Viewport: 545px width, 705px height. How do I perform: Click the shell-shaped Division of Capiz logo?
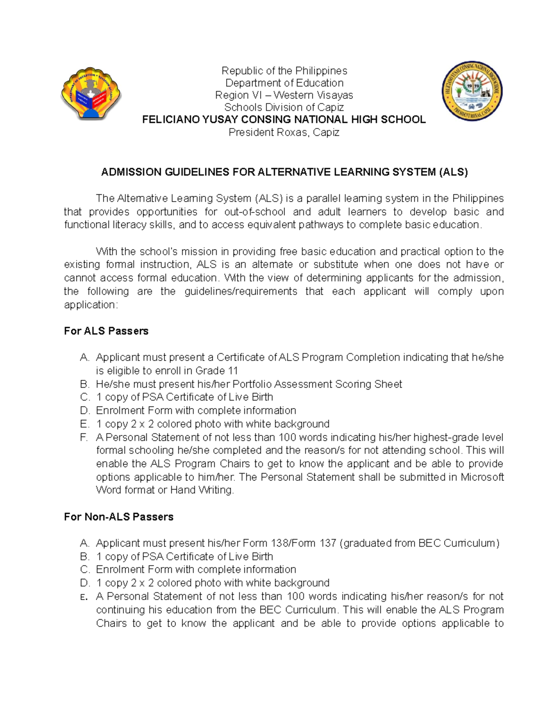pyautogui.click(x=91, y=94)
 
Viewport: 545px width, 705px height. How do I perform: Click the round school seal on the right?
pyautogui.click(x=472, y=91)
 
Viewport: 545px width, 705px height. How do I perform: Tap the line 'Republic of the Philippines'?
pyautogui.click(x=284, y=71)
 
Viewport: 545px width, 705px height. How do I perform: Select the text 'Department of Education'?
pyautogui.click(x=284, y=83)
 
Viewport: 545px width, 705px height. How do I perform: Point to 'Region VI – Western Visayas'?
pyautogui.click(x=284, y=95)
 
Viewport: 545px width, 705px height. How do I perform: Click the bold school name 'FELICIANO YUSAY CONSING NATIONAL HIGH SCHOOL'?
pyautogui.click(x=284, y=120)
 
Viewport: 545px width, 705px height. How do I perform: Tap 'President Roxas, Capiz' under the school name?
pyautogui.click(x=284, y=133)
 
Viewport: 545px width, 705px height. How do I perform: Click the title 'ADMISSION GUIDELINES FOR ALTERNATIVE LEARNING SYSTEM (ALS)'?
pyautogui.click(x=284, y=172)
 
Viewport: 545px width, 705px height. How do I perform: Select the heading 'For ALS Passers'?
pyautogui.click(x=106, y=331)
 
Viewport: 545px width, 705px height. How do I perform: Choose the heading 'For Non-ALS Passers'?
pyautogui.click(x=119, y=517)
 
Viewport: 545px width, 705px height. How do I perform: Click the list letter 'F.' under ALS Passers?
pyautogui.click(x=84, y=438)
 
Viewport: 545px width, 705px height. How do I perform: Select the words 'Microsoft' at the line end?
pyautogui.click(x=482, y=477)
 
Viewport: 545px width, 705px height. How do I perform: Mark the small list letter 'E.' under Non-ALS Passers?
pyautogui.click(x=84, y=597)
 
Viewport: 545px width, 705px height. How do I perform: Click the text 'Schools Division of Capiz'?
pyautogui.click(x=284, y=108)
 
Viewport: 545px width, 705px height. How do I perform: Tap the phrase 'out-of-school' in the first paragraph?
pyautogui.click(x=255, y=212)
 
